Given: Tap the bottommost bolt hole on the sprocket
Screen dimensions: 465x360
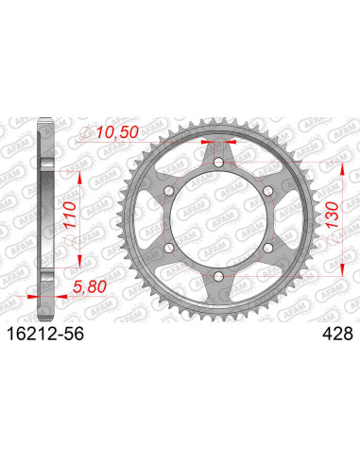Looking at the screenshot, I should pos(219,275).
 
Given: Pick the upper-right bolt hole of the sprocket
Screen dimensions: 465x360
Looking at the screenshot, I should pos(267,192).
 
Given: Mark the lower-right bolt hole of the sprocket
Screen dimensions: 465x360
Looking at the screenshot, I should pos(267,248).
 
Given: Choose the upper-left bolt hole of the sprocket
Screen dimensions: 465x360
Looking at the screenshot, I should pos(171,192).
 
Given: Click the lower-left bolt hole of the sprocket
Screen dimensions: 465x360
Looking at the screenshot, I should pos(171,248).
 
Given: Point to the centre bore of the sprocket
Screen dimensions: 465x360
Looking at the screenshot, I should pos(219,219).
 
